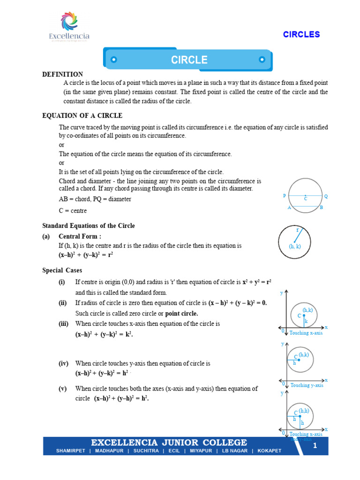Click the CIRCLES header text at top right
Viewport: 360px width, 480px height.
point(301,34)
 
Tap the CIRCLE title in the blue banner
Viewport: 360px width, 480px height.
point(189,60)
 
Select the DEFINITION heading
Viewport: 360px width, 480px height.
point(62,74)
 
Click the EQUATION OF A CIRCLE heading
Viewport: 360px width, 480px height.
point(82,115)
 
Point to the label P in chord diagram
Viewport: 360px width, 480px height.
point(284,196)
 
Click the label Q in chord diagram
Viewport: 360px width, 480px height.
point(326,196)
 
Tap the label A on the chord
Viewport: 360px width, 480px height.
point(290,208)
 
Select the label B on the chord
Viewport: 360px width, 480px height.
point(321,208)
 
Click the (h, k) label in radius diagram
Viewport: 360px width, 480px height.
point(295,246)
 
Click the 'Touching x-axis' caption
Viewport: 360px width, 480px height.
point(306,333)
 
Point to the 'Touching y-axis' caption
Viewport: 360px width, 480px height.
point(307,385)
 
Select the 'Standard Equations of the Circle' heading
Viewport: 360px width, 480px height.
point(89,225)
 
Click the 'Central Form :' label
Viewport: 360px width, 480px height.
point(80,236)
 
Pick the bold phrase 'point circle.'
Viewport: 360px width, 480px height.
point(181,313)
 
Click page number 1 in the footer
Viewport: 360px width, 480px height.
point(315,446)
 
